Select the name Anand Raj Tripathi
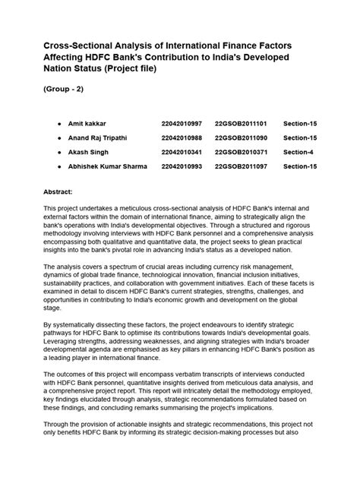coord(103,137)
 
